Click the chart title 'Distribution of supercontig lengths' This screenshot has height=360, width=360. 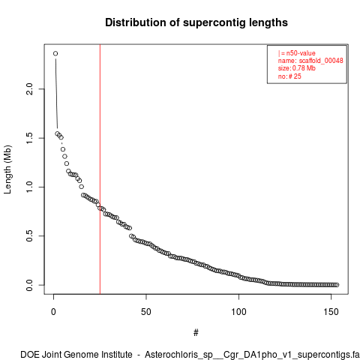coord(196,22)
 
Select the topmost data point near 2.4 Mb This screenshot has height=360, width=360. coord(55,53)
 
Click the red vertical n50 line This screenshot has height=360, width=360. coord(100,169)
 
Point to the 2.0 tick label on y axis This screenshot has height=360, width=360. coord(29,89)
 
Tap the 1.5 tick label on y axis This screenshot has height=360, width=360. coord(29,138)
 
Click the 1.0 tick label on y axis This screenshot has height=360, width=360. coord(29,187)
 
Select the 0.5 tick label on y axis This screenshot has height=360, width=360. coord(29,235)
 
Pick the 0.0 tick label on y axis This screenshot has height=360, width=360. coord(29,285)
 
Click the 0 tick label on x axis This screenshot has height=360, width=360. coord(53,312)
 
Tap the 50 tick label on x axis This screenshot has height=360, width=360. coord(146,312)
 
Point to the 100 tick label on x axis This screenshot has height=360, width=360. coord(238,312)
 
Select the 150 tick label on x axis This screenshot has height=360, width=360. coord(331,312)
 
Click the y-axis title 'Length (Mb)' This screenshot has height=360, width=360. coord(7,169)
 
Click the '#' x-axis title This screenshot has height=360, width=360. coord(196,333)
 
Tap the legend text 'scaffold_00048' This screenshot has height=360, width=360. coord(321,61)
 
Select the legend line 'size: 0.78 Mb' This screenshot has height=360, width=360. coord(297,68)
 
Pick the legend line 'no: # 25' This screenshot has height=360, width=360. coord(289,76)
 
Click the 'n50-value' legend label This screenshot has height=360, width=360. coord(301,53)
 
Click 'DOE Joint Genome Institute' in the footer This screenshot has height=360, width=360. coord(76,355)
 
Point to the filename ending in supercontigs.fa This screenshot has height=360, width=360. coord(252,355)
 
